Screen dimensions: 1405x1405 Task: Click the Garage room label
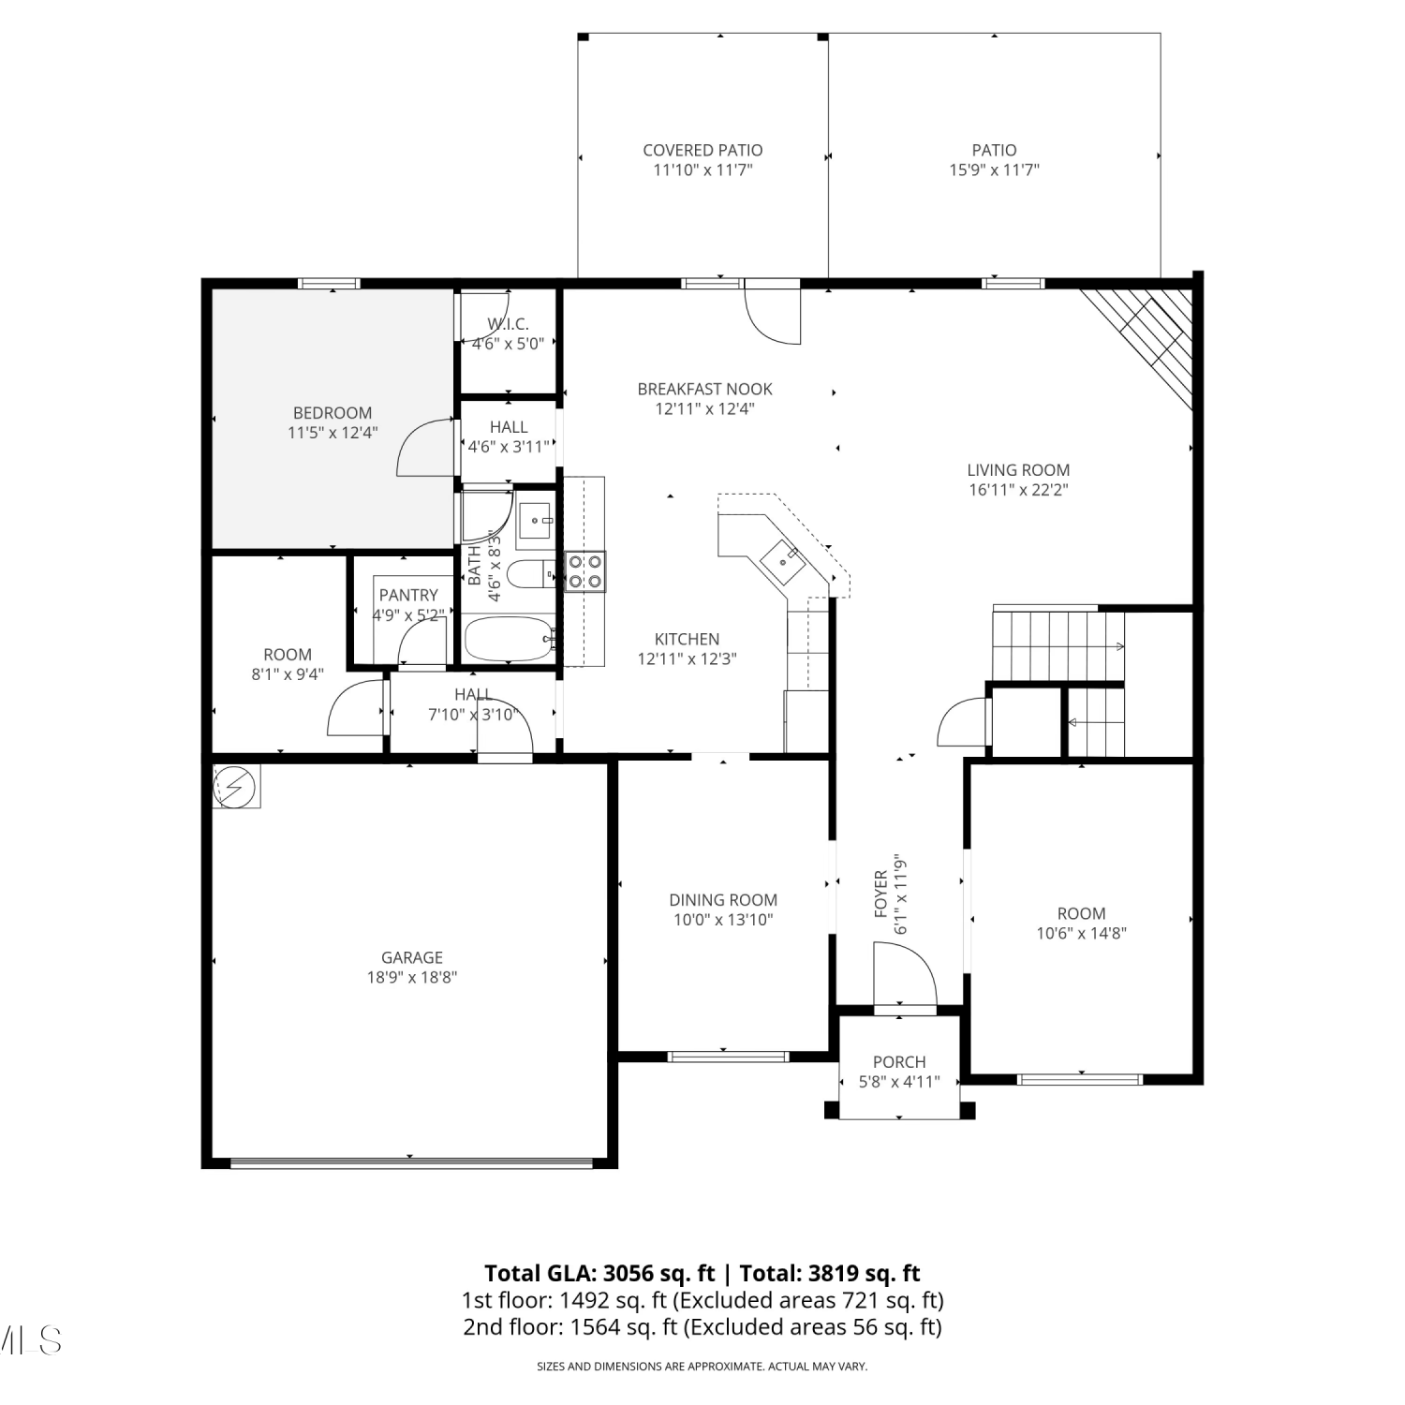pyautogui.click(x=412, y=957)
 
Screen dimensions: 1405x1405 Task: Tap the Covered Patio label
pyautogui.click(x=702, y=150)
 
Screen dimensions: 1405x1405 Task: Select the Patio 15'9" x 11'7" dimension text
pyautogui.click(x=994, y=170)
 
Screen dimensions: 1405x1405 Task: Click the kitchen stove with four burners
pyautogui.click(x=584, y=571)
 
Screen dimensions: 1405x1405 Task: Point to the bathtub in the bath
pyautogui.click(x=510, y=639)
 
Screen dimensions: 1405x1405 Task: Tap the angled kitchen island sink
pyautogui.click(x=781, y=560)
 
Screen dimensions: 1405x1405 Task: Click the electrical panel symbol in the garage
pyautogui.click(x=236, y=787)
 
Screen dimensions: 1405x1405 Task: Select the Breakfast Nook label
pyautogui.click(x=704, y=389)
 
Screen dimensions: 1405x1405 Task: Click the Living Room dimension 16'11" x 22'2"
pyautogui.click(x=1018, y=490)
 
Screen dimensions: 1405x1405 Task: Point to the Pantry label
pyautogui.click(x=408, y=595)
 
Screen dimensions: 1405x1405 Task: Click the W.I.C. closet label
pyautogui.click(x=508, y=324)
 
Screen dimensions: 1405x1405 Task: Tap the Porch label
pyautogui.click(x=899, y=1062)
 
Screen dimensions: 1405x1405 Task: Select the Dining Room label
pyautogui.click(x=723, y=900)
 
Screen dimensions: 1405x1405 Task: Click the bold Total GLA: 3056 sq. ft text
pyautogui.click(x=599, y=1274)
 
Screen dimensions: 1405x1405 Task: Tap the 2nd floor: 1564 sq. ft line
pyautogui.click(x=702, y=1327)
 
